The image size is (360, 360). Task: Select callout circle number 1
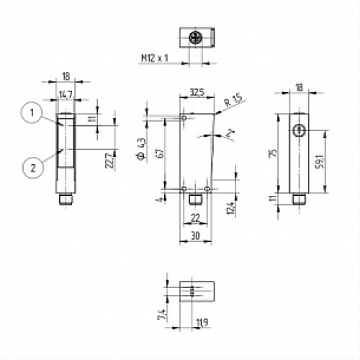[x=29, y=112]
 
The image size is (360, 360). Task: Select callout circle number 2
[x=29, y=168]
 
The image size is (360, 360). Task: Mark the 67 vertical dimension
[x=157, y=153]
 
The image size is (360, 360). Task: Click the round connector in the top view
[x=194, y=37]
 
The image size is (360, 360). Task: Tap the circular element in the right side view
[x=297, y=129]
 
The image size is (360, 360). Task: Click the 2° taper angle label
[x=230, y=134]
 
